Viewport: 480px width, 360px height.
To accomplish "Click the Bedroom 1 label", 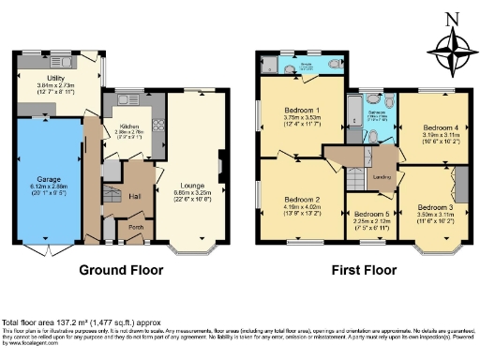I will click(303, 110).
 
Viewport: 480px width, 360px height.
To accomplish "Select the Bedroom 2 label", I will click(303, 200).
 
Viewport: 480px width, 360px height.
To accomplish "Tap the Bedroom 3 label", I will click(435, 206).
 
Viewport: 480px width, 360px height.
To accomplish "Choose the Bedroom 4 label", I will click(439, 127).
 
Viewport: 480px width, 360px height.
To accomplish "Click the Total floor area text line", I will click(82, 322).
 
